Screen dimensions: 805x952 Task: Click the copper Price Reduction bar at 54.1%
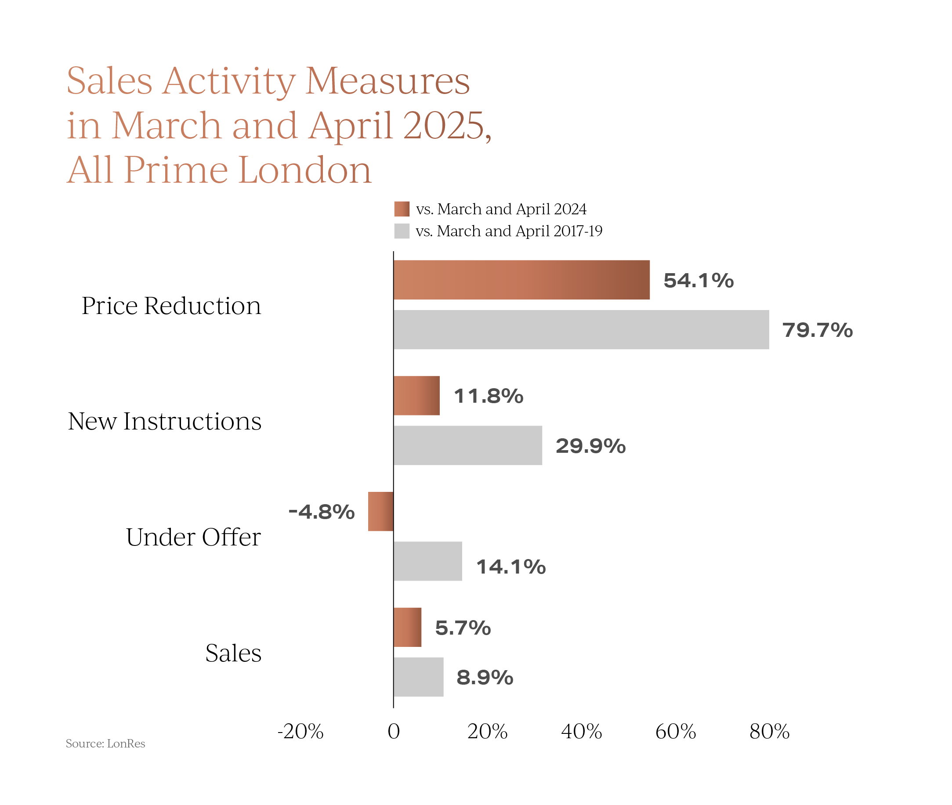tap(521, 280)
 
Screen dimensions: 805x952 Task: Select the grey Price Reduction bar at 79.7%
tap(581, 329)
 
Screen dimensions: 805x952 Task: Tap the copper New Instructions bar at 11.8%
tap(416, 396)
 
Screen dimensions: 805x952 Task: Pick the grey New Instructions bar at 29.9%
tap(468, 445)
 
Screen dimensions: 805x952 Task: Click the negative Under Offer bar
tap(380, 511)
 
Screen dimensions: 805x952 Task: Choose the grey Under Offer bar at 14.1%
tap(427, 561)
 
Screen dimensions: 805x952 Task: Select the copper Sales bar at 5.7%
tap(407, 627)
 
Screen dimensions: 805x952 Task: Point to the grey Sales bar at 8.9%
tap(419, 677)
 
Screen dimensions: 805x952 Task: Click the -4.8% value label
tap(321, 512)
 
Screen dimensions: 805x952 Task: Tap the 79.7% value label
tap(818, 330)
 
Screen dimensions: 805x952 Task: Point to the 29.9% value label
tap(590, 446)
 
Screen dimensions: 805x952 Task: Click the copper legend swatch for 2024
tap(402, 209)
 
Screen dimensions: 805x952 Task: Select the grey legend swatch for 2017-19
tap(402, 231)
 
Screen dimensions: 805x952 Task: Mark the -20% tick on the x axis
tap(300, 732)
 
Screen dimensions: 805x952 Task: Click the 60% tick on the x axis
tap(675, 732)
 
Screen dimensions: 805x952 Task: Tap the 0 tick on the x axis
tap(393, 732)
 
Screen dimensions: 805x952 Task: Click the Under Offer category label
tap(193, 537)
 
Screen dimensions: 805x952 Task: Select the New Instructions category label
tap(165, 421)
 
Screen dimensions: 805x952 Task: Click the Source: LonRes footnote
tap(105, 744)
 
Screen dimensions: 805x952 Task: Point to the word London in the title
tap(305, 170)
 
